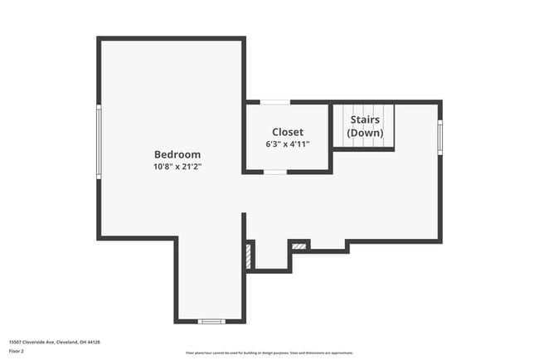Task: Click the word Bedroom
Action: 177,154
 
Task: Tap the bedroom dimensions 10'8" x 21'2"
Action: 177,167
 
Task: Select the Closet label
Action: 288,132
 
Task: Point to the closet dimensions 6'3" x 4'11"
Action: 288,144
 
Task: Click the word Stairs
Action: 365,120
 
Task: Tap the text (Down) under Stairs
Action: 365,133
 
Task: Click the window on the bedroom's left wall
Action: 99,141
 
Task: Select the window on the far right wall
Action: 440,136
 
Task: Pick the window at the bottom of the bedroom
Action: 211,321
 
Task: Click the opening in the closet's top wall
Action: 275,102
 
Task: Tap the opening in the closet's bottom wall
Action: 275,172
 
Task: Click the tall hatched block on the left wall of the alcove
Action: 249,255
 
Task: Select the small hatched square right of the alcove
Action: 299,246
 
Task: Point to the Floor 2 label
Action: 17,351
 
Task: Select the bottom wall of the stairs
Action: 363,149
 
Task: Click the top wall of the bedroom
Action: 172,38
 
